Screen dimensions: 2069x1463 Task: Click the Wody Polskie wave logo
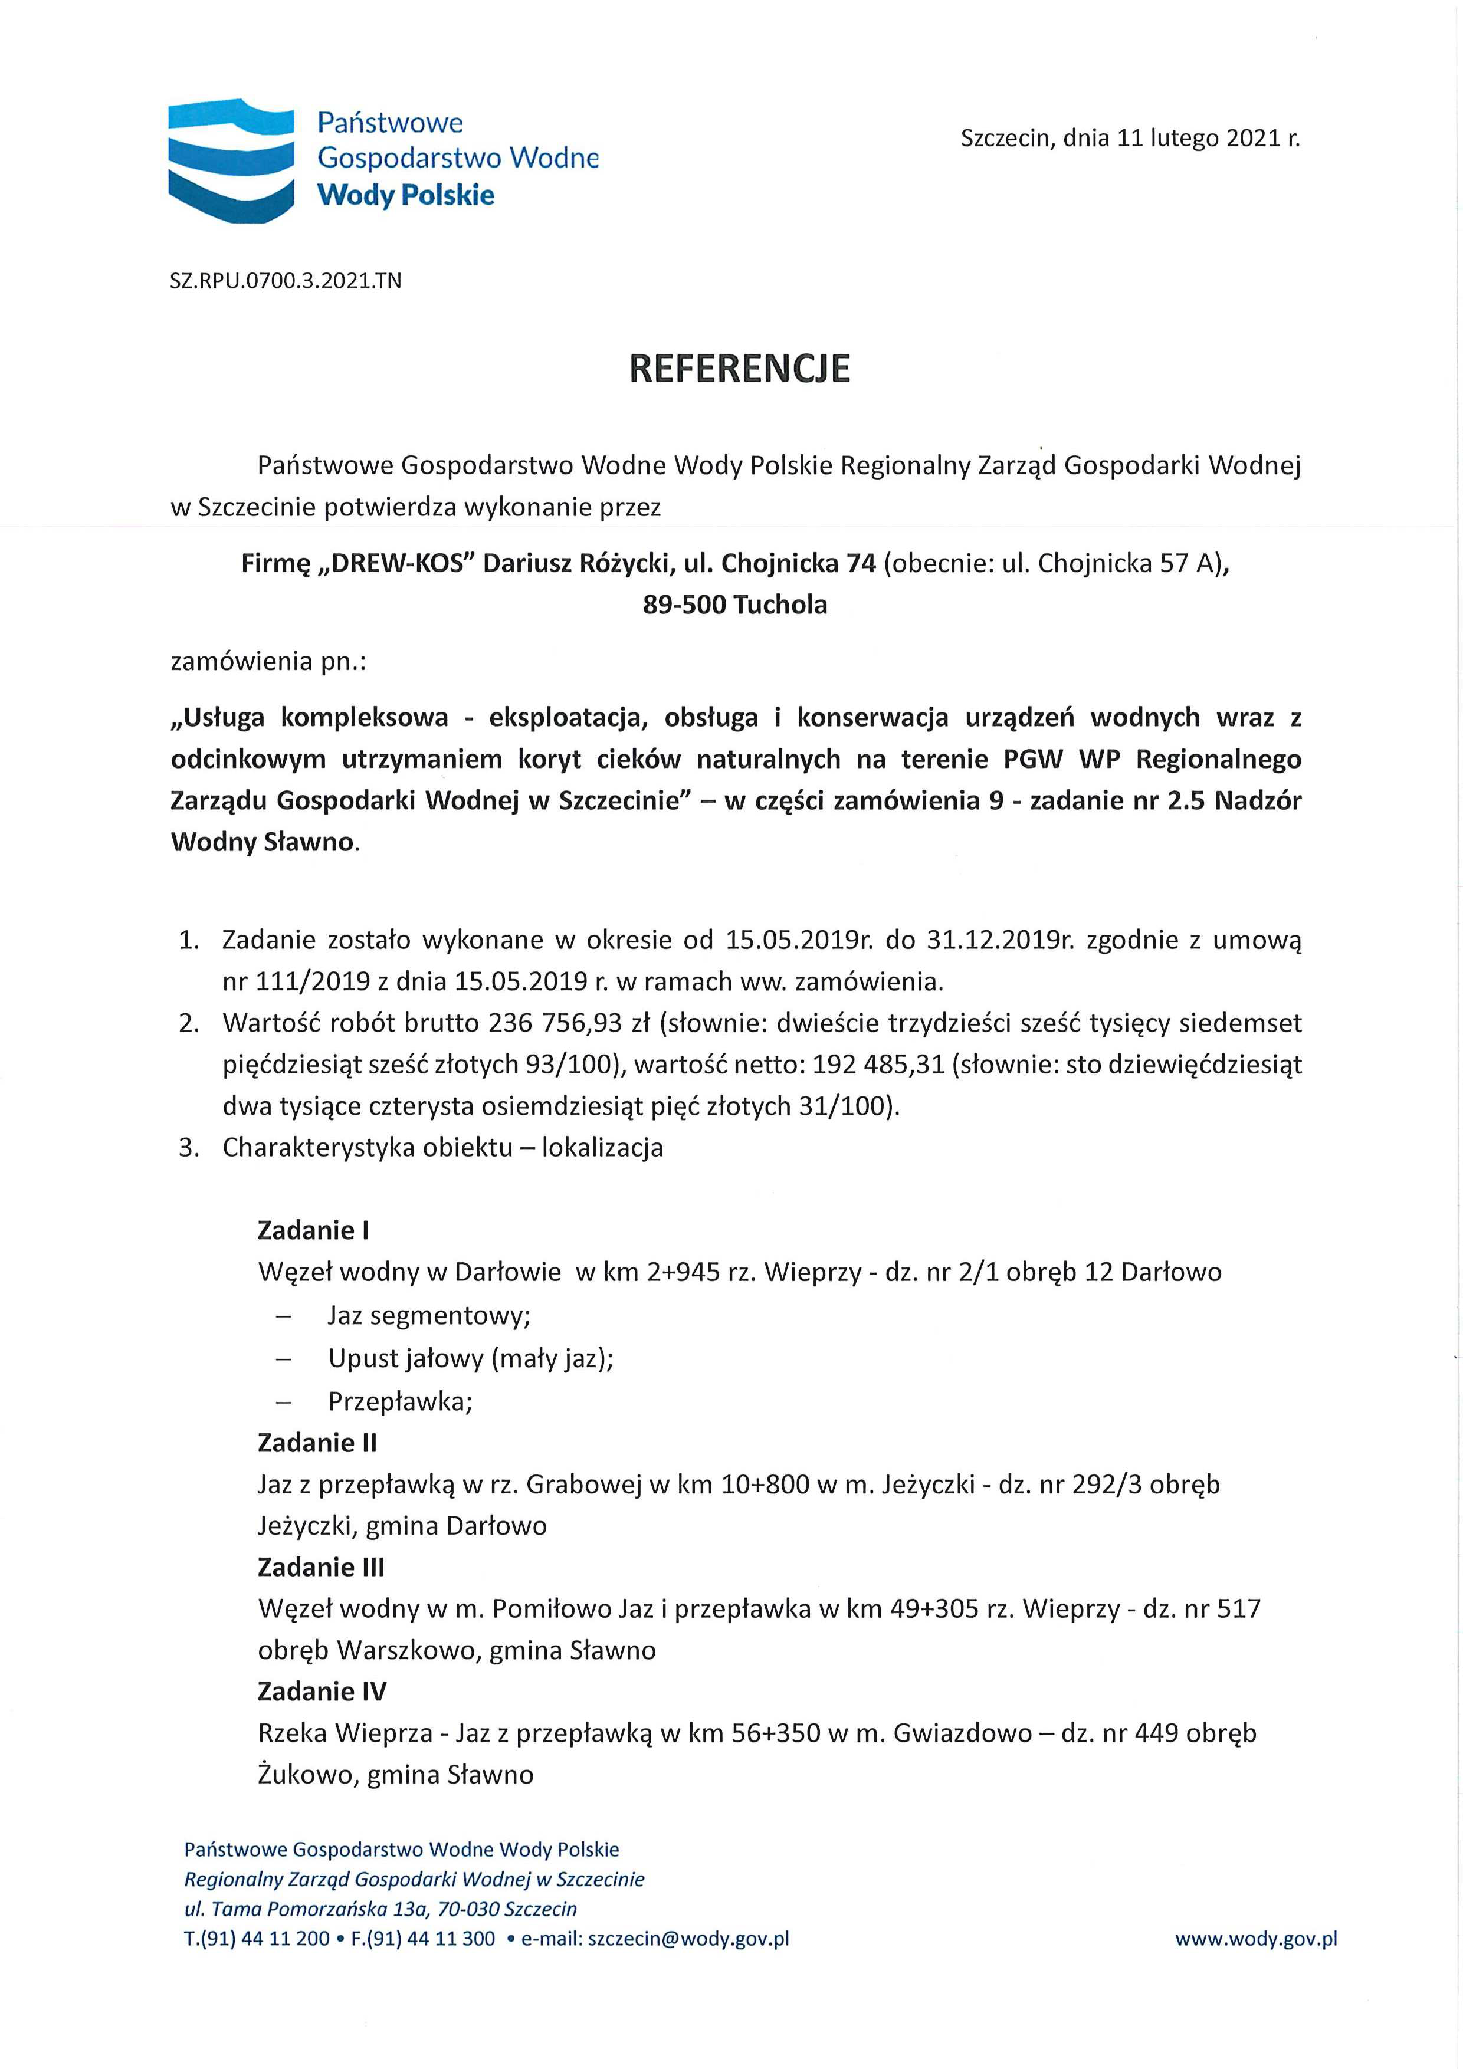coord(232,160)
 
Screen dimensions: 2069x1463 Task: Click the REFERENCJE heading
coord(739,369)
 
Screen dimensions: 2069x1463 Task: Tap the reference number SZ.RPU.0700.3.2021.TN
coord(286,280)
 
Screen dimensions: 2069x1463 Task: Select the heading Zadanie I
coord(313,1230)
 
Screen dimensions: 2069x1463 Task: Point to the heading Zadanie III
coord(321,1567)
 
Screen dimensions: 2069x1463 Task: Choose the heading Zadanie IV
coord(322,1692)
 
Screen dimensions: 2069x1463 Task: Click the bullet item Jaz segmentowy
coord(429,1316)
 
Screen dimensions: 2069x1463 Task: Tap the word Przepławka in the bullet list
coord(399,1401)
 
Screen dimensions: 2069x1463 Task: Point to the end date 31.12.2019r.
coord(992,940)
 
